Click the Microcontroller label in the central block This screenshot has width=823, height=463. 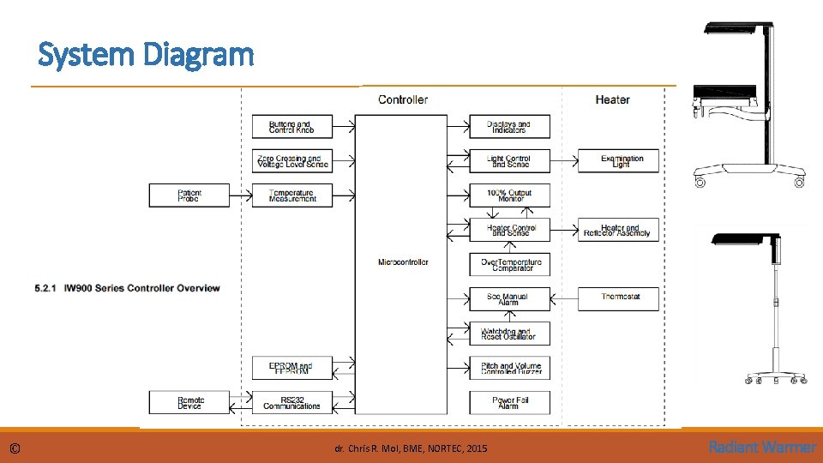[402, 262]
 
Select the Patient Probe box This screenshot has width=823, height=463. [189, 195]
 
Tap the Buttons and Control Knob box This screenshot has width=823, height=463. [291, 127]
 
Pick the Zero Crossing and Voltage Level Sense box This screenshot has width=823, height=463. [291, 161]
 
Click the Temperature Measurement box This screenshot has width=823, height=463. [291, 195]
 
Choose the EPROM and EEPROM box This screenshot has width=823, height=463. [291, 368]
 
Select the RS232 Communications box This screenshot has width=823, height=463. [291, 402]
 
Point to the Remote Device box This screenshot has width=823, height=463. [189, 402]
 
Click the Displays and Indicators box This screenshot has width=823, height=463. [509, 127]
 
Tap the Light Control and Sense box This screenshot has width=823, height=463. [509, 161]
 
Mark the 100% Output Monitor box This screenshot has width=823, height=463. [509, 195]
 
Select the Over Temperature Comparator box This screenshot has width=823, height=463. [509, 264]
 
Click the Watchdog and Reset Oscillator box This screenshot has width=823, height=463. [509, 334]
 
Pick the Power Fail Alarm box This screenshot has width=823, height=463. [509, 402]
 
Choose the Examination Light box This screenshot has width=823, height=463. [618, 161]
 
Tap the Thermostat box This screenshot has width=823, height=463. [618, 298]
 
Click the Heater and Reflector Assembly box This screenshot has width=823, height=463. [618, 230]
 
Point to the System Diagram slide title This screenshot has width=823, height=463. [147, 55]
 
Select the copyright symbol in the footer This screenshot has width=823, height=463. [15, 448]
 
